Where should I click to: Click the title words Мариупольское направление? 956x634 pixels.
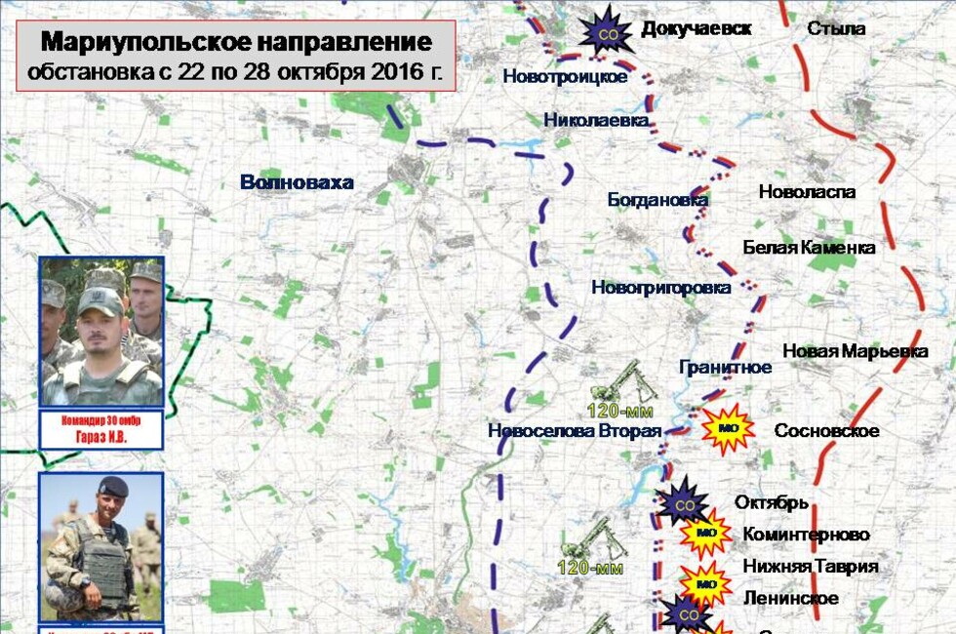[x=236, y=43]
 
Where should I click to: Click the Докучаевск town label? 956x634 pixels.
[x=696, y=28]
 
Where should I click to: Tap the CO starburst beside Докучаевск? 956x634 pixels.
[x=609, y=30]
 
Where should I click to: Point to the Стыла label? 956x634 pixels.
[x=836, y=28]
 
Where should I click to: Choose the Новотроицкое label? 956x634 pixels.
[x=565, y=77]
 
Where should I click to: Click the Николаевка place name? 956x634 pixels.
[x=597, y=120]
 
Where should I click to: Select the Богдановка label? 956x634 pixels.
[x=657, y=200]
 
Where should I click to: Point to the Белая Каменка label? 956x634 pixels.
[x=809, y=248]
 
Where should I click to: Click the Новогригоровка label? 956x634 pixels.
[x=660, y=288]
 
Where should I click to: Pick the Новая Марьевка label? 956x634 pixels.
[x=855, y=351]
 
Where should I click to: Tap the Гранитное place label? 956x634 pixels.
[x=725, y=368]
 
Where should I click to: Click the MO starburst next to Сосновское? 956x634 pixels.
[x=728, y=428]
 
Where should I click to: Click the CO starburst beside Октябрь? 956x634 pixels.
[x=684, y=504]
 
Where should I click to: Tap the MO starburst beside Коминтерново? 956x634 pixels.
[x=706, y=534]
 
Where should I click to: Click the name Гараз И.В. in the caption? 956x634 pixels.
[x=101, y=438]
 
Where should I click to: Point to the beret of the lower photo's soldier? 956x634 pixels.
[x=113, y=486]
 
